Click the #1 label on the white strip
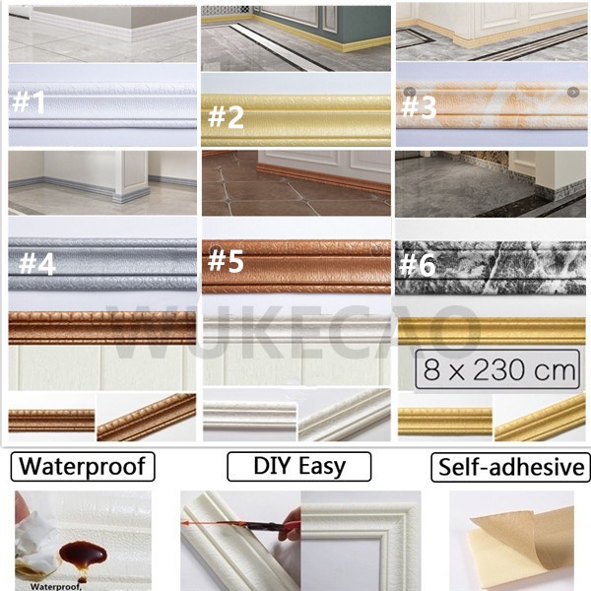pyautogui.click(x=29, y=102)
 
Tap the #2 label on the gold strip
pyautogui.click(x=226, y=117)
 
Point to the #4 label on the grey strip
pyautogui.click(x=36, y=264)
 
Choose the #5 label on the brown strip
pyautogui.click(x=226, y=261)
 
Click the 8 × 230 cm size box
pyautogui.click(x=496, y=372)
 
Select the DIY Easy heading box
pyautogui.click(x=298, y=466)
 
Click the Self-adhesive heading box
pyautogui.click(x=509, y=466)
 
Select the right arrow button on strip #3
pyautogui.click(x=573, y=92)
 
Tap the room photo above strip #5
pyautogui.click(x=296, y=182)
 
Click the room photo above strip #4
pyautogui.click(x=101, y=182)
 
